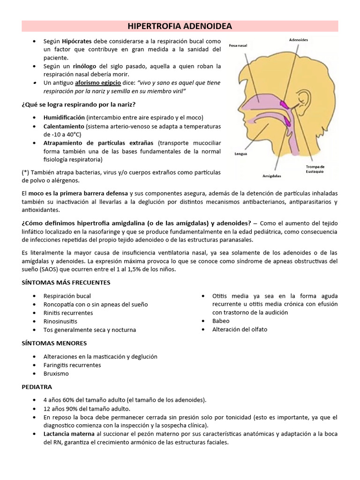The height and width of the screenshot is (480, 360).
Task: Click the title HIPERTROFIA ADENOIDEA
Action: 180,26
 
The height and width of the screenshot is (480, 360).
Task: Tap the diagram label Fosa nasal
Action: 238,45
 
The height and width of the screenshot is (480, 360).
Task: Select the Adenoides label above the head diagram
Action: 299,40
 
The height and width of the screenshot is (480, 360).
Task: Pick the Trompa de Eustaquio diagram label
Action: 315,169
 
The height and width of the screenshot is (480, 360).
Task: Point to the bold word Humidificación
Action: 64,117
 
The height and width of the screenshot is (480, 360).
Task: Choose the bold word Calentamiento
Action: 63,127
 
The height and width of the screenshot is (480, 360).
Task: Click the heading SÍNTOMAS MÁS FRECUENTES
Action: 66,283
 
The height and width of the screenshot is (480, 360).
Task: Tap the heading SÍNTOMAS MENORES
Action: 54,343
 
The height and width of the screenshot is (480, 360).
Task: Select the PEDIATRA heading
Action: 37,387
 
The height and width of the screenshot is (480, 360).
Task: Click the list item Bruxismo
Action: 56,374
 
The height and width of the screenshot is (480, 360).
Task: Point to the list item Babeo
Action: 221,321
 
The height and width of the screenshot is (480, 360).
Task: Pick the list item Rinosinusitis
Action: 60,321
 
